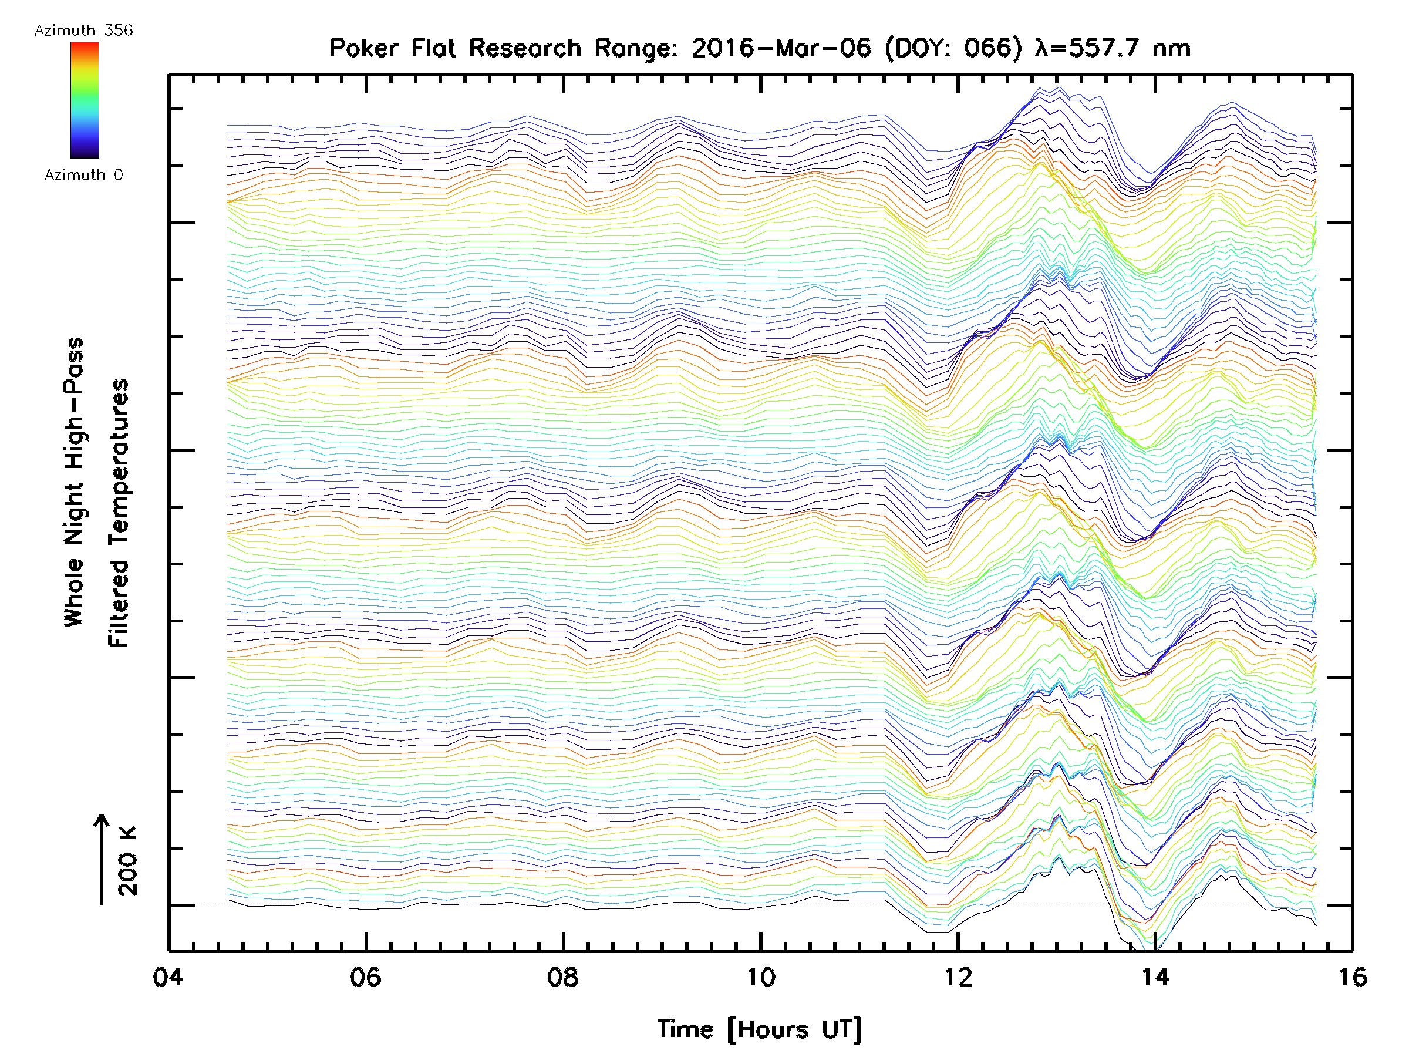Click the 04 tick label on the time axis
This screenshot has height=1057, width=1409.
tap(168, 977)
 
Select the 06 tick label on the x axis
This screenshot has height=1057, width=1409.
tap(366, 977)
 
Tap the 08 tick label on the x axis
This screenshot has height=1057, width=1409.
tap(563, 977)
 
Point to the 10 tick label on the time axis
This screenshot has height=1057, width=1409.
tap(760, 977)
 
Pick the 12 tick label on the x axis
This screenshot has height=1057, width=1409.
tap(958, 977)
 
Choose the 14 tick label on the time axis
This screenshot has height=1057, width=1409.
tap(1155, 977)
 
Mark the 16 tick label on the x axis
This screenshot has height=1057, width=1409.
tap(1352, 977)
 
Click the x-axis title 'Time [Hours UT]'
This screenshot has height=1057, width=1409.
tap(760, 1029)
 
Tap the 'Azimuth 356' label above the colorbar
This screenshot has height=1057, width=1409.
tap(83, 31)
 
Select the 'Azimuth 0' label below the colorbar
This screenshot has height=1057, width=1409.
tap(83, 175)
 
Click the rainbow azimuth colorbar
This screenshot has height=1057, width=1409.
tap(85, 100)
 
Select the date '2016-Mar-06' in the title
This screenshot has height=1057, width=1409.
tap(781, 48)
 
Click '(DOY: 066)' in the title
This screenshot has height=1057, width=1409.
tap(953, 48)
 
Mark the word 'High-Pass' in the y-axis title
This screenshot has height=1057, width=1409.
tap(74, 403)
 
